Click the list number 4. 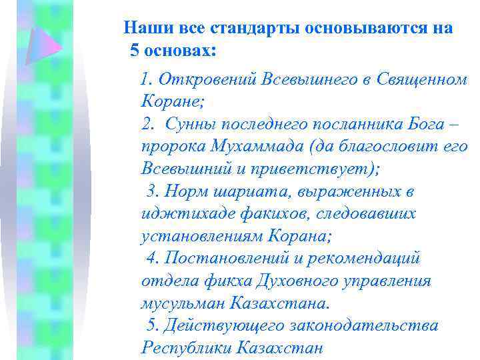150,258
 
